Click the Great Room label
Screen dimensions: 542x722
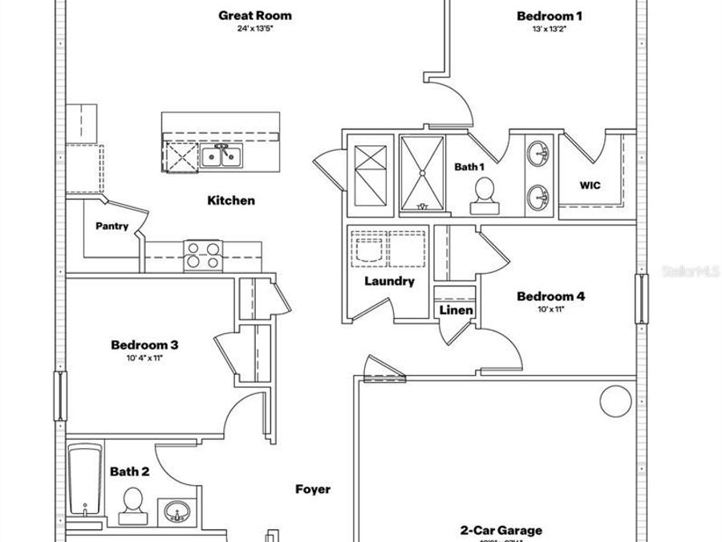click(255, 15)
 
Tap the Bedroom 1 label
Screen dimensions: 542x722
click(550, 15)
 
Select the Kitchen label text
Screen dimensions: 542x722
click(231, 200)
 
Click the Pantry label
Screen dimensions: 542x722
click(112, 226)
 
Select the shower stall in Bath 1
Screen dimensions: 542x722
click(424, 174)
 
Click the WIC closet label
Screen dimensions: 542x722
click(590, 185)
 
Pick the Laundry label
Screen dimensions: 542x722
click(389, 281)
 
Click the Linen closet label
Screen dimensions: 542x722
click(456, 310)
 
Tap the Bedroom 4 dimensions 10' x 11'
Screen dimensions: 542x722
click(551, 309)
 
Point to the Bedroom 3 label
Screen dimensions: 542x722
click(144, 345)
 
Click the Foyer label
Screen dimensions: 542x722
click(313, 489)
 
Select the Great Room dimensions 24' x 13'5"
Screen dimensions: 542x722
click(255, 29)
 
